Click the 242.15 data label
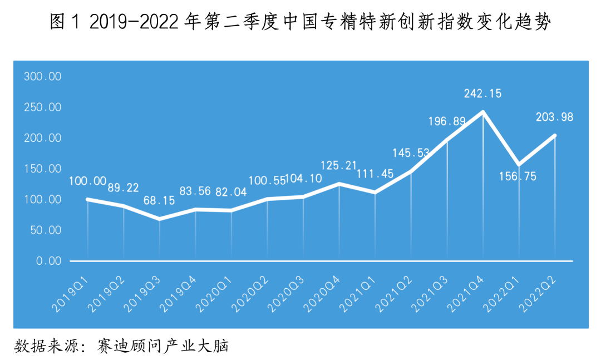pos(482,93)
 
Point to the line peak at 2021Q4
pos(483,112)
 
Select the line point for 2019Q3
pos(159,219)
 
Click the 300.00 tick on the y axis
pos(42,76)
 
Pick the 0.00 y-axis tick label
pos(49,261)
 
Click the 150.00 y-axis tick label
pos(42,169)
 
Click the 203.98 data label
pos(554,117)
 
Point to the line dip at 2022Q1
pos(519,165)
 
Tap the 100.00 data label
pos(87,181)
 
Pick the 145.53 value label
pos(411,152)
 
